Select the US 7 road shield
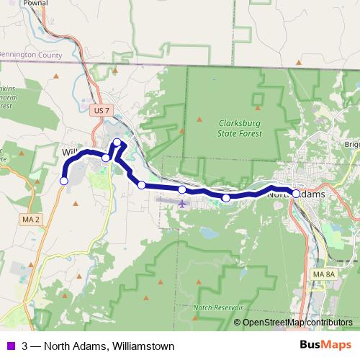(102, 110)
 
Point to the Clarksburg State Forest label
(240, 127)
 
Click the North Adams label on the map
(296, 194)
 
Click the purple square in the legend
(12, 346)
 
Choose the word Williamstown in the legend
(144, 346)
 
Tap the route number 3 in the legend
(26, 346)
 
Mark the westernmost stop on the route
(63, 181)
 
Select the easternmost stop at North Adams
(296, 194)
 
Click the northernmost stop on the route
(118, 142)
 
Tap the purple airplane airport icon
(181, 204)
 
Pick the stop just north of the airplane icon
(182, 189)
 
